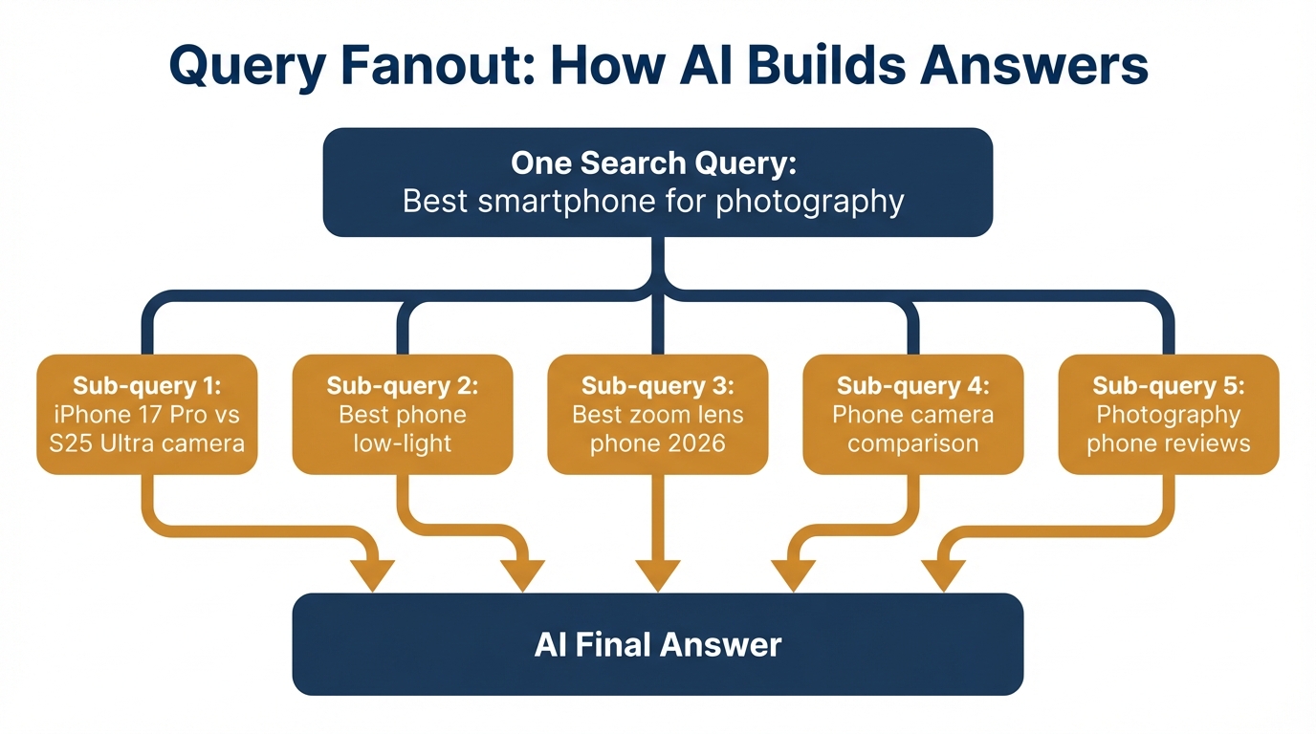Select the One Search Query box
[x=657, y=182]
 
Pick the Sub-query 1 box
[x=147, y=414]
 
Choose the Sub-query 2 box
[x=403, y=414]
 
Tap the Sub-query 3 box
[x=657, y=414]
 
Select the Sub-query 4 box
[x=912, y=414]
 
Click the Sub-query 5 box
[x=1169, y=414]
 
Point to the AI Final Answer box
[x=657, y=644]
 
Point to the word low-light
[x=403, y=443]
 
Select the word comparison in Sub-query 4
[x=912, y=443]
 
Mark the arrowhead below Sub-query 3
[x=657, y=575]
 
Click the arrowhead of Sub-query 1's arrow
[x=372, y=575]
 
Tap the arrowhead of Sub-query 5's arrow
[x=943, y=575]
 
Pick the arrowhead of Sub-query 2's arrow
[x=522, y=575]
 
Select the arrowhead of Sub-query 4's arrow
[x=793, y=575]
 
